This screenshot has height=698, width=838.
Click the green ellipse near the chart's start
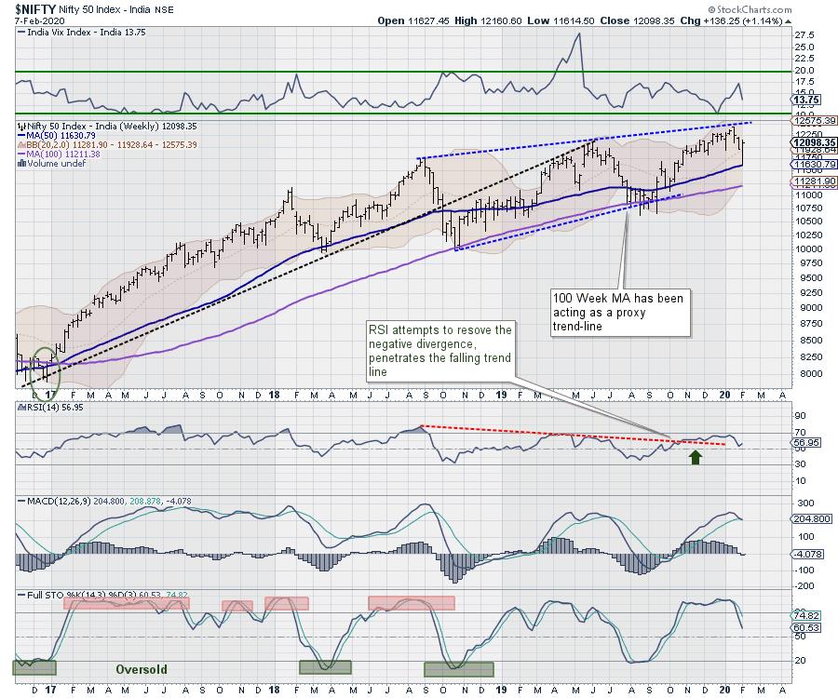point(45,362)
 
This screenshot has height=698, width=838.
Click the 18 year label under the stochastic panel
point(276,691)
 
